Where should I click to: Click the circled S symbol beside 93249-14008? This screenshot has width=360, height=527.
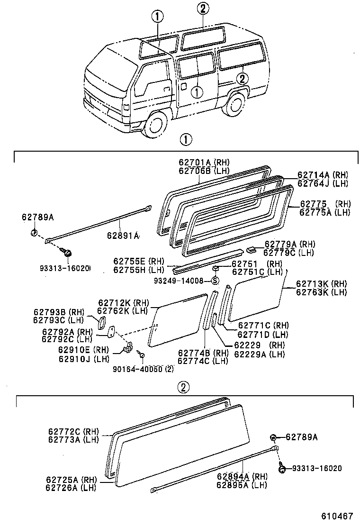pyautogui.click(x=215, y=281)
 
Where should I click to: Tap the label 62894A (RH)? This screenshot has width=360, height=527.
pyautogui.click(x=242, y=477)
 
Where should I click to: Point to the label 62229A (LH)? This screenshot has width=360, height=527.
pyautogui.click(x=259, y=354)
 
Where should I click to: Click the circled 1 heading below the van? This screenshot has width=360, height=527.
pyautogui.click(x=185, y=140)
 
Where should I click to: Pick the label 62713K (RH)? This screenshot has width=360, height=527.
pyautogui.click(x=321, y=284)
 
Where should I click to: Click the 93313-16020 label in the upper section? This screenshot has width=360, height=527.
pyautogui.click(x=65, y=268)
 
